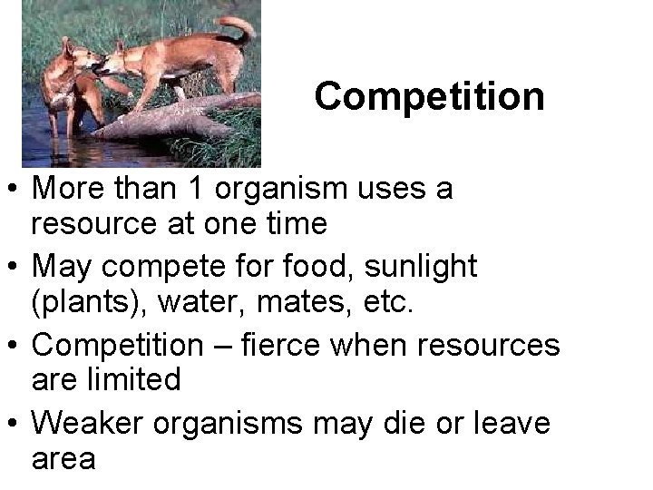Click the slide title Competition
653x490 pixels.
(x=430, y=96)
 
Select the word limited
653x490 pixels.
(x=132, y=379)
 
